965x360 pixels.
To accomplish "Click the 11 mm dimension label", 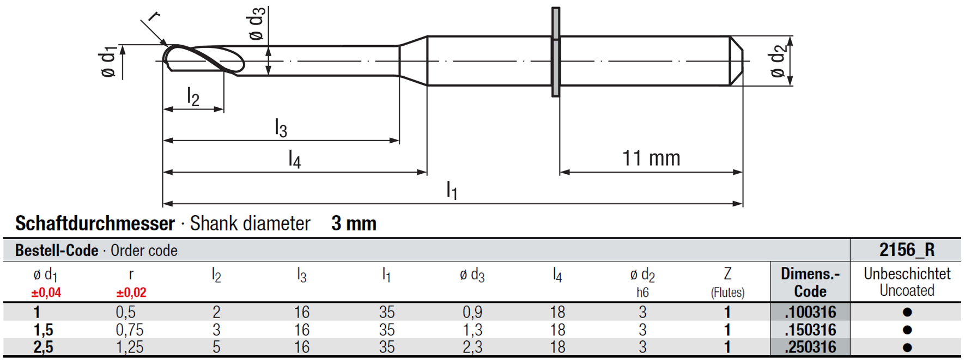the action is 651,158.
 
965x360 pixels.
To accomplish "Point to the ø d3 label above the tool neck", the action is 257,24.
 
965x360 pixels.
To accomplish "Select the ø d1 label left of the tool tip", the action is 108,62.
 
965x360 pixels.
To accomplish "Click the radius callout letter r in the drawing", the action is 153,16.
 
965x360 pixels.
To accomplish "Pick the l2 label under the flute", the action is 193,96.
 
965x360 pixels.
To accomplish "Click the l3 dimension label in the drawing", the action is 281,128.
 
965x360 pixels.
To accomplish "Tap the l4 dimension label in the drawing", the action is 294,159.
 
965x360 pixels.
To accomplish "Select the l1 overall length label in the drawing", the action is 452,191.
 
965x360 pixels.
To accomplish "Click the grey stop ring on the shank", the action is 555,52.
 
